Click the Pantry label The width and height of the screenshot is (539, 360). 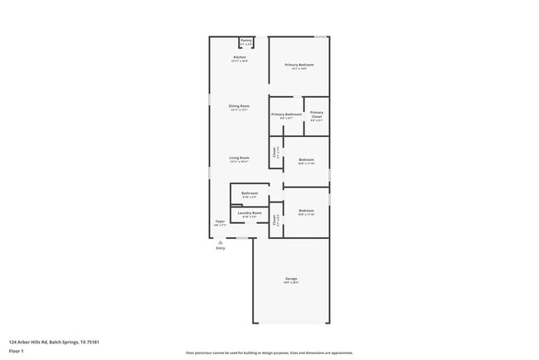(x=245, y=40)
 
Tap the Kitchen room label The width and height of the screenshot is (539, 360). (x=240, y=57)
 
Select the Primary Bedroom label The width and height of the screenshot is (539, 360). (x=299, y=65)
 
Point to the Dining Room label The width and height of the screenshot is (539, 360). (x=240, y=105)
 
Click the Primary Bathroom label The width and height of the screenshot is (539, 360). (x=286, y=114)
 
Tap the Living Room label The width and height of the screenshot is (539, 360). (x=240, y=158)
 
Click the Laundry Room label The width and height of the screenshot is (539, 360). (x=250, y=213)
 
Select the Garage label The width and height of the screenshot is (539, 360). (x=291, y=278)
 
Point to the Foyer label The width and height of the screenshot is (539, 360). (x=220, y=221)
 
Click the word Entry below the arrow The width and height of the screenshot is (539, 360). (x=220, y=248)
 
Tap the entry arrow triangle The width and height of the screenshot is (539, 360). (x=220, y=242)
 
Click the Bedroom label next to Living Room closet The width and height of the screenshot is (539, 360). (x=306, y=158)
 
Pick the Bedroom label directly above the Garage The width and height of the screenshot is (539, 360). (x=306, y=211)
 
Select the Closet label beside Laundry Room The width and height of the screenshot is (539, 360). (x=274, y=220)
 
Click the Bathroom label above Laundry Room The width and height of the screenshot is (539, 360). (x=250, y=193)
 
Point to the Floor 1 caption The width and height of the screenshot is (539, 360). (x=17, y=351)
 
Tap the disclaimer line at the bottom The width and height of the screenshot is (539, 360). (x=269, y=353)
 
